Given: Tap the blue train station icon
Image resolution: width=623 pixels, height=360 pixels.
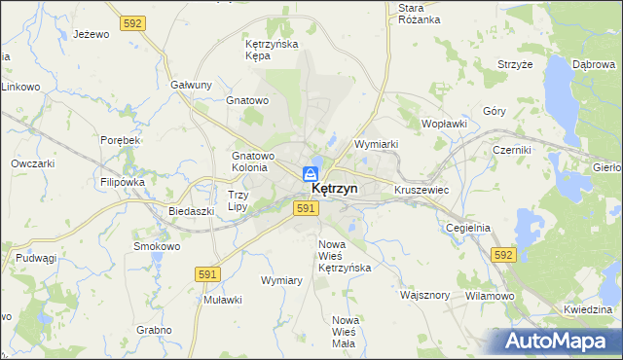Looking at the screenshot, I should (310, 174).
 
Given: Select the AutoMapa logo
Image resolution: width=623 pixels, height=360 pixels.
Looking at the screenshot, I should (557, 341).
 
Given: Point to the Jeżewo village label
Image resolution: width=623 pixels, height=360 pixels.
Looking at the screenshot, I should (91, 34).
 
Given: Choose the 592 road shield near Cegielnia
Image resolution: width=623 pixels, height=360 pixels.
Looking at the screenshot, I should (502, 254).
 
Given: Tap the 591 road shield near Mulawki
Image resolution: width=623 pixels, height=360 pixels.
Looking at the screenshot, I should (205, 275).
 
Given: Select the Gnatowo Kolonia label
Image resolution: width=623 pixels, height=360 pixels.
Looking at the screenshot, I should (253, 162).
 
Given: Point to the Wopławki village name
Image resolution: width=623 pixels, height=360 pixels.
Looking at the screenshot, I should (445, 125).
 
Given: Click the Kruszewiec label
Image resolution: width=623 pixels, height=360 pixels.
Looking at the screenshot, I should (421, 190).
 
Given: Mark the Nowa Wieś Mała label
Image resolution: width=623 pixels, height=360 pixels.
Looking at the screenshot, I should (345, 332).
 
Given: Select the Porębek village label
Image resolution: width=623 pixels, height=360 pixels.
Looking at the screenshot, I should (122, 140).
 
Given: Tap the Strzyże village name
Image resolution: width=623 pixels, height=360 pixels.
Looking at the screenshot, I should (514, 64).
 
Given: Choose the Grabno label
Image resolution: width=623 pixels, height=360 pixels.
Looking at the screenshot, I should (154, 330).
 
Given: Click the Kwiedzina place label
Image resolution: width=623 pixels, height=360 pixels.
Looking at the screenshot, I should (586, 309).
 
